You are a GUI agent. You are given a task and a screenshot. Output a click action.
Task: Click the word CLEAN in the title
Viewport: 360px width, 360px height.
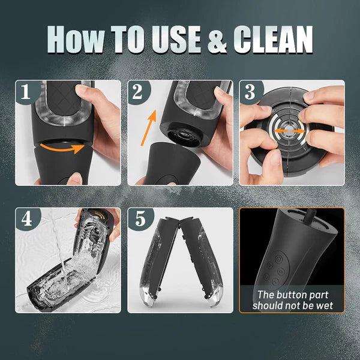tap(273, 40)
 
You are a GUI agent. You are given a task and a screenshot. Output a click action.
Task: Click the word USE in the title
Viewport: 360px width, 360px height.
tap(176, 40)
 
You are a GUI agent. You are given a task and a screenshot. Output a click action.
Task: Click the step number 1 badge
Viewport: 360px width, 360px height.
tap(26, 92)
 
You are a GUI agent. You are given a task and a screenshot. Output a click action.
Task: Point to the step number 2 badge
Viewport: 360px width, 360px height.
tap(138, 92)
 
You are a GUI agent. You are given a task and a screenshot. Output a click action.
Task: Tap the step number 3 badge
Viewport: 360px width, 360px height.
tap(250, 92)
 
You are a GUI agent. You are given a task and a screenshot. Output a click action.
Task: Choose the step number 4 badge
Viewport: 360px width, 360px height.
tap(26, 219)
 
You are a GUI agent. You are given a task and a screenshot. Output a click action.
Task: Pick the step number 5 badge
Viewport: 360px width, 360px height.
tap(139, 219)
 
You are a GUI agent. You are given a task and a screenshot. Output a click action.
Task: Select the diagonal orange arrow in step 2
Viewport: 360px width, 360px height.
tap(148, 128)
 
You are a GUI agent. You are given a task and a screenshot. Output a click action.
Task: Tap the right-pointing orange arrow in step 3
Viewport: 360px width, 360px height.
tap(299, 131)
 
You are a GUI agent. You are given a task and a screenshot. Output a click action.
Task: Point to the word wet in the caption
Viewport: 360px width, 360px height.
tap(325, 306)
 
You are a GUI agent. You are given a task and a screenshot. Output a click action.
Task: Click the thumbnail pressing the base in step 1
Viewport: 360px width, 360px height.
tap(74, 179)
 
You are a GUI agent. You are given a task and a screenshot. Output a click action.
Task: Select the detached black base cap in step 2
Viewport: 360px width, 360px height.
tap(170, 163)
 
